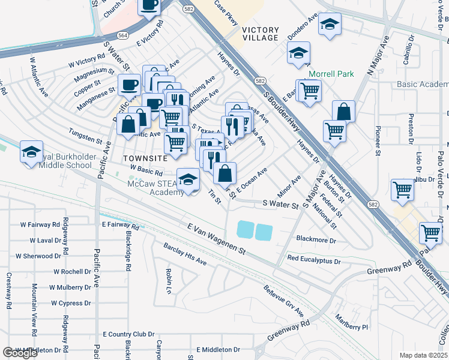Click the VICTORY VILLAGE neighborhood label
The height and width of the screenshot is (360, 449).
(261, 34)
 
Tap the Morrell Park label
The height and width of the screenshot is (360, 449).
(331, 74)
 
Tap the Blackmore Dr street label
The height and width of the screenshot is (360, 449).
(316, 239)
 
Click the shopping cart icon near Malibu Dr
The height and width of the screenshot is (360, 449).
(402, 189)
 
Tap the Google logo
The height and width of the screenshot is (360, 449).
(20, 353)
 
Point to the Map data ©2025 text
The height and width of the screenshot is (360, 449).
(423, 355)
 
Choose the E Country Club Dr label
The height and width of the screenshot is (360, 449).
(128, 334)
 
